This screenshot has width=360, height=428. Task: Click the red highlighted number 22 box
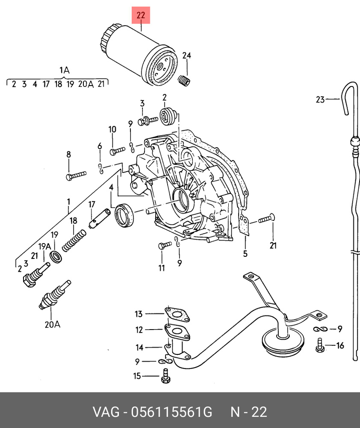tap(141, 16)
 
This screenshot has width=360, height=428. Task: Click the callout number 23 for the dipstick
tap(320, 100)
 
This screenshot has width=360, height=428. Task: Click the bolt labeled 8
tap(76, 175)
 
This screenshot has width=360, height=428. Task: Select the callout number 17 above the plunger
tap(91, 205)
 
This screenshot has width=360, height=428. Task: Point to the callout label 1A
tap(64, 70)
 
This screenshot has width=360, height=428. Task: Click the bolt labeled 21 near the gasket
tap(265, 220)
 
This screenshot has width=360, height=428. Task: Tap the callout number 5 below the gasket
tap(245, 254)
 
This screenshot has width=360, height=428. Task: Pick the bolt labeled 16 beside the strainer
tap(320, 345)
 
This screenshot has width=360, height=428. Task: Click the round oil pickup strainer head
tap(283, 341)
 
